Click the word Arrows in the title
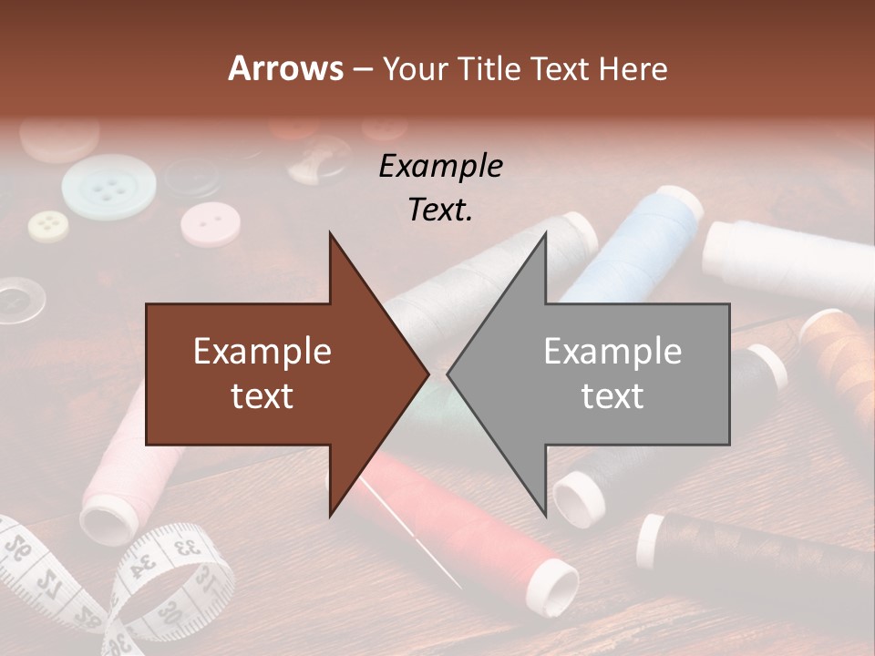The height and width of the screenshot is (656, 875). (285, 68)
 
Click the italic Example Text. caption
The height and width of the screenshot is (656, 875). (441, 188)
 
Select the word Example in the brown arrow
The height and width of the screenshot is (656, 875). (262, 352)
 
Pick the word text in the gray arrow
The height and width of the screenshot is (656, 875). (612, 395)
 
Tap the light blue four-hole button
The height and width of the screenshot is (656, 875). (108, 187)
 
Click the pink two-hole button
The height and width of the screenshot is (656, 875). (210, 224)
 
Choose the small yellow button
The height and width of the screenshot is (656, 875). (48, 223)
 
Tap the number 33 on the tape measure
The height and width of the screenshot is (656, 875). (187, 548)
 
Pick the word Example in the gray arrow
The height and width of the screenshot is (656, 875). (612, 352)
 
